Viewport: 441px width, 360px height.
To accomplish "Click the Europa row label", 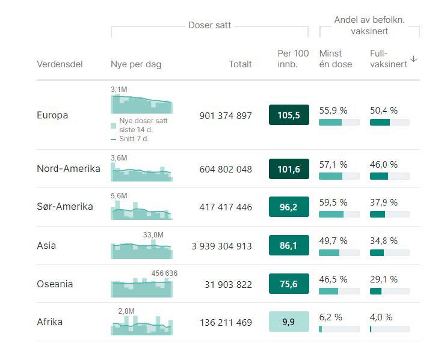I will tap(52, 115).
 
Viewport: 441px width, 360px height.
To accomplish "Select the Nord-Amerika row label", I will tap(68, 168).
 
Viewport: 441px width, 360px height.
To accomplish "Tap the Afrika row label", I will tap(49, 322).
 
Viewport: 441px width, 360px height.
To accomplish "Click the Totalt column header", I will tap(240, 64).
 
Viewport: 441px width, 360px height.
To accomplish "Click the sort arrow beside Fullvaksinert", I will tap(413, 59).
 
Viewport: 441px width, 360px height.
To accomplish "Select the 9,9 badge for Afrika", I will tap(289, 322).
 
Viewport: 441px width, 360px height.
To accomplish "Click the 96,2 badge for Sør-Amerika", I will tap(289, 207).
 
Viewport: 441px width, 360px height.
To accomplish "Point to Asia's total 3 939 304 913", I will tap(222, 246).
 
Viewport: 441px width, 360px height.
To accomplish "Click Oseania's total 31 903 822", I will tap(228, 284).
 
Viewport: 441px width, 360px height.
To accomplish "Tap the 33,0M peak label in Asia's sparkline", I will tap(153, 234).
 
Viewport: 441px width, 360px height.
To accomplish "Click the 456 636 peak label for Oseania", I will tap(164, 273).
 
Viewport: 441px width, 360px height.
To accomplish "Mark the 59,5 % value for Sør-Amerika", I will tap(333, 203).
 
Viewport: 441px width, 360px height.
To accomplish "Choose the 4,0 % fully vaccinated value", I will tap(381, 317).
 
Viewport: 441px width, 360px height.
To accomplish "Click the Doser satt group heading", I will tap(209, 25).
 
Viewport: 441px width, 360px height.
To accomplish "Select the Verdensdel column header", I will tap(60, 64).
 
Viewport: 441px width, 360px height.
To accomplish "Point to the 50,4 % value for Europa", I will tap(383, 111).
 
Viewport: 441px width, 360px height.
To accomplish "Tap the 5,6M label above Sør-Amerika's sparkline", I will tap(119, 196).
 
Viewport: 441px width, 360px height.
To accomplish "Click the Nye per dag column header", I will tap(136, 64).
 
